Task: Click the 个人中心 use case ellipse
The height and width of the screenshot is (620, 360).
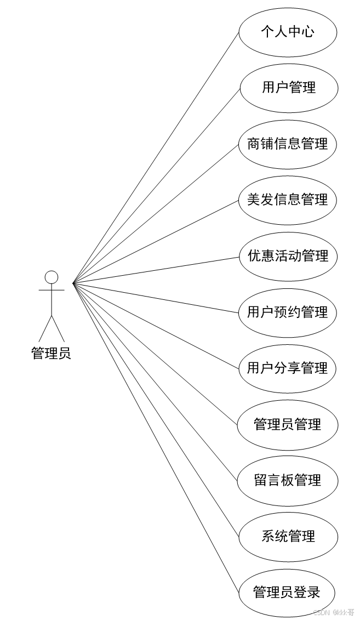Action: [x=288, y=32]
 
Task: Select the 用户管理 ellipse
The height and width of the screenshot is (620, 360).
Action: [x=288, y=88]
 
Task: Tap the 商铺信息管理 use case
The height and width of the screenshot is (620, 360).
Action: [x=288, y=144]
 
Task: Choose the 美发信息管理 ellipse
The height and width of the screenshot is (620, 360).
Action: [x=288, y=200]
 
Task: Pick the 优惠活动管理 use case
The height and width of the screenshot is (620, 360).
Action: [x=288, y=256]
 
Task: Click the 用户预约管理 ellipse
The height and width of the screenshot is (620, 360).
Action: [x=288, y=312]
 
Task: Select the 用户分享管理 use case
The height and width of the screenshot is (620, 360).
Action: [x=288, y=368]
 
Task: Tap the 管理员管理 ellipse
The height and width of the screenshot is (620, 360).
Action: [x=288, y=425]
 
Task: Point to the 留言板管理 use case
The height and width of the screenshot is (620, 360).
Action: [x=288, y=481]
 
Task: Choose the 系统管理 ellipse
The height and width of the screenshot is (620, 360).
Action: [x=288, y=537]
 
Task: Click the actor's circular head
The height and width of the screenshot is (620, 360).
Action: [x=52, y=277]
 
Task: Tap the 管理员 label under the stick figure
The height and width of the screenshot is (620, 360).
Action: [x=51, y=354]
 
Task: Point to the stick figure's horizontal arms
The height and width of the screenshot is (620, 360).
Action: [x=52, y=289]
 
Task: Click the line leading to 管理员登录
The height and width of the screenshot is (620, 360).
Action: [x=156, y=437]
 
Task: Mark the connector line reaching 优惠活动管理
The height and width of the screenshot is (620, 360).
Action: [x=156, y=270]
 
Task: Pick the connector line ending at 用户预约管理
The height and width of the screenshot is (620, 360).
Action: [x=156, y=298]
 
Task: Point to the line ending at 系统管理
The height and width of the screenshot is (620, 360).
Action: [x=156, y=409]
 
